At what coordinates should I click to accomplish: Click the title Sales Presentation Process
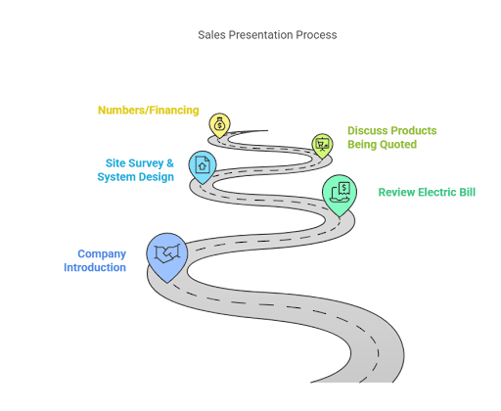pyautogui.click(x=266, y=35)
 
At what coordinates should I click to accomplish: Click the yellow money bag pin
pyautogui.click(x=220, y=124)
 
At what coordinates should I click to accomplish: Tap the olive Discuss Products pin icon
pyautogui.click(x=322, y=145)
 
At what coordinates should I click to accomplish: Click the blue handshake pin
pyautogui.click(x=167, y=252)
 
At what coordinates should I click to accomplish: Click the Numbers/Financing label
pyautogui.click(x=149, y=111)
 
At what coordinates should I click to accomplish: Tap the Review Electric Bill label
pyautogui.click(x=427, y=193)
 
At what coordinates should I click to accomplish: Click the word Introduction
pyautogui.click(x=95, y=267)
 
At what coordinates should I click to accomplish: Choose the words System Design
pyautogui.click(x=135, y=177)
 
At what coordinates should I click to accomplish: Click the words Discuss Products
pyautogui.click(x=391, y=130)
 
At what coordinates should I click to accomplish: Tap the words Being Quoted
pyautogui.click(x=382, y=145)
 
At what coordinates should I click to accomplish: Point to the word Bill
pyautogui.click(x=466, y=193)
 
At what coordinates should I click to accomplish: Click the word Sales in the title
pyautogui.click(x=209, y=35)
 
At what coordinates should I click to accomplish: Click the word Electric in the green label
pyautogui.click(x=434, y=193)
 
